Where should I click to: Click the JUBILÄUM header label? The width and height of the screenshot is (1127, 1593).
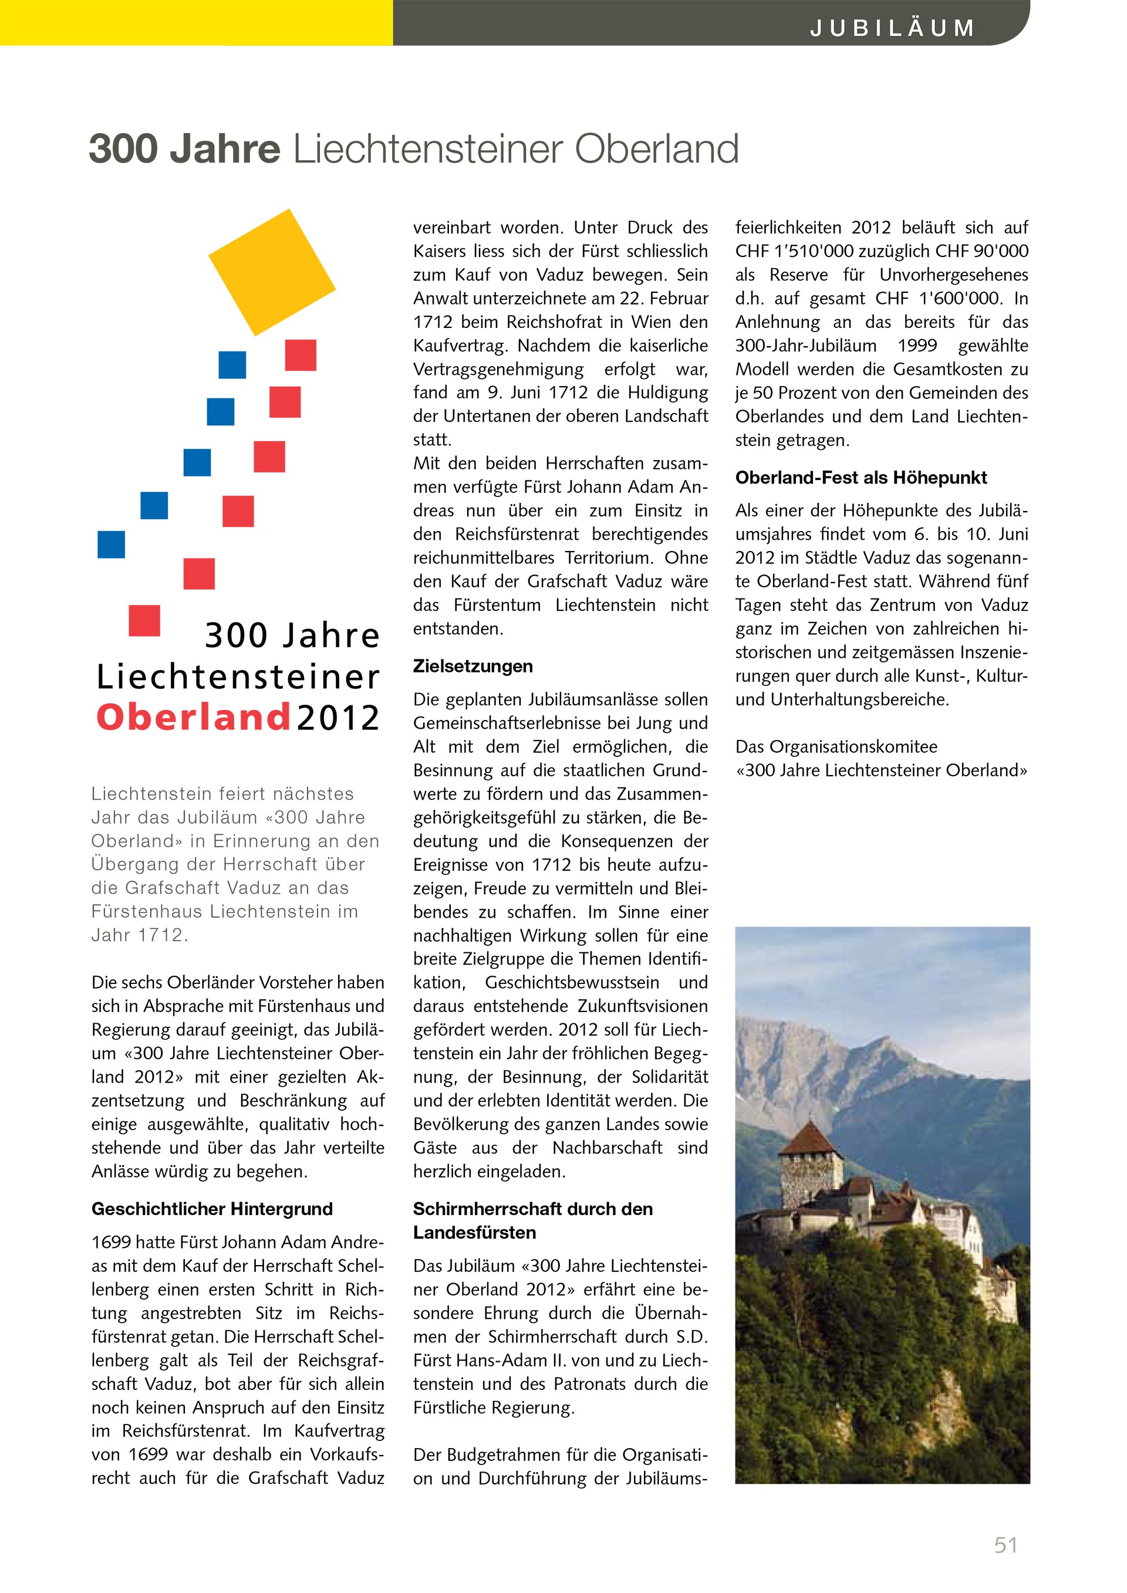(x=892, y=28)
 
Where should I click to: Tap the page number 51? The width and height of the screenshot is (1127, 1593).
(x=1005, y=1545)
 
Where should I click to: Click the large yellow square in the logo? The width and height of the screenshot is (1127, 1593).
(x=272, y=272)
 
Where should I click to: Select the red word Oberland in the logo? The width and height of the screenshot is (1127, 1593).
(x=193, y=718)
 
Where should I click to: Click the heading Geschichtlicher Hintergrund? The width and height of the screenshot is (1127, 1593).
(x=212, y=1209)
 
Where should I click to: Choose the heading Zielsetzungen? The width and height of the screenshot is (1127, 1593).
(x=473, y=666)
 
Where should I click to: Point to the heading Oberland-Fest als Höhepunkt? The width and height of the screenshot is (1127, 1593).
(x=861, y=478)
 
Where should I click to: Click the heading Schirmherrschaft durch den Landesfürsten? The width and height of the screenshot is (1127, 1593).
(x=532, y=1220)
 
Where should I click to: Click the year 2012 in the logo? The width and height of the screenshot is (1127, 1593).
(x=338, y=718)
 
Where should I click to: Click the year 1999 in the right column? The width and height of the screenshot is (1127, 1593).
(x=917, y=346)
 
